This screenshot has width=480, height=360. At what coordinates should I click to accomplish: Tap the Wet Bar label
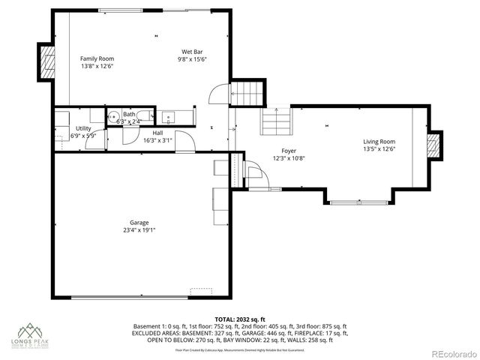[193, 52]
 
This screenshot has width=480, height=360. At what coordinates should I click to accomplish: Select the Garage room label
[139, 223]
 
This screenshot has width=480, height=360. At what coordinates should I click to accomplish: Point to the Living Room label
[379, 141]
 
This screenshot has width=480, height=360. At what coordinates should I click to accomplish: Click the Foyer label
[289, 151]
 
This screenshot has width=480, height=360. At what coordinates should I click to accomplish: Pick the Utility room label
[83, 129]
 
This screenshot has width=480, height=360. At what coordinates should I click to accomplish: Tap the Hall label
[157, 133]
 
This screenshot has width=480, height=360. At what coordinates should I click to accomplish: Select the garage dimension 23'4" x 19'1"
[139, 230]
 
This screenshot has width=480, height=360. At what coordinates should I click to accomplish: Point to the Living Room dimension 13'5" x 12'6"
[379, 148]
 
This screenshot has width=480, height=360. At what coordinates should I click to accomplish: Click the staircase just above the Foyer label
[276, 120]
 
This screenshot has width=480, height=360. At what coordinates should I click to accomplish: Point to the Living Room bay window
[358, 202]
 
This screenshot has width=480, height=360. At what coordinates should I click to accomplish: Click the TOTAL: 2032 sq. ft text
[240, 319]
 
